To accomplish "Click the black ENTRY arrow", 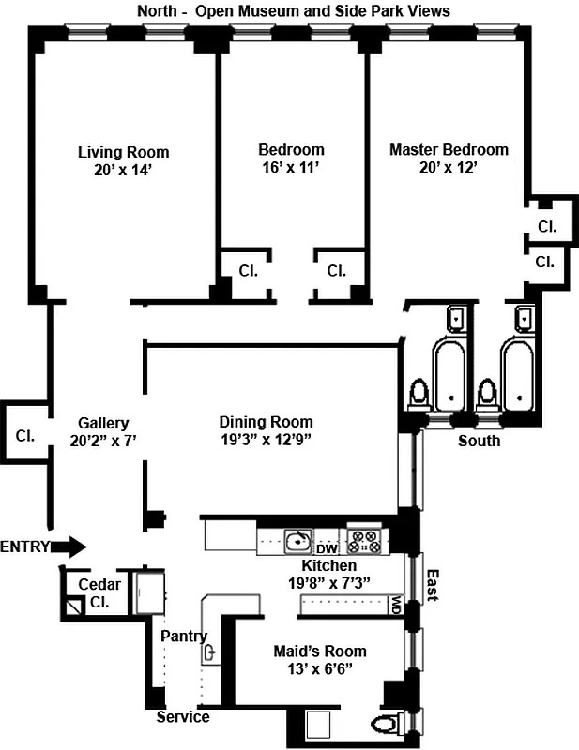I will point(69,547).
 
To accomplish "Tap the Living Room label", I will point(123,152).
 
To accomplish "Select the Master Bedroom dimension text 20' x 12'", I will point(449,168).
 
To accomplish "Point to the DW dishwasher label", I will point(327,548).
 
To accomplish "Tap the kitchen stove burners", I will point(363,541).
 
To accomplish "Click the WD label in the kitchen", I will point(397,604).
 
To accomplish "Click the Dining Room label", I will point(266,422).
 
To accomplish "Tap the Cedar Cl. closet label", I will point(99,593).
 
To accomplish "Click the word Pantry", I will point(183,636).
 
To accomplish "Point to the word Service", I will point(183,717).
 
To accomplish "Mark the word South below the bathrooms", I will point(479,441).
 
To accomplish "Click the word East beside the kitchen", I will point(433,586).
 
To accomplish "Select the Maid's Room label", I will point(319,652).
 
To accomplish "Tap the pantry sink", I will point(211,651).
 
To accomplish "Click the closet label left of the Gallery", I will point(24,436).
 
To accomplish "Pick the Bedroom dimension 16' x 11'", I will point(291,168).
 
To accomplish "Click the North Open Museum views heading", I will point(293,11).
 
